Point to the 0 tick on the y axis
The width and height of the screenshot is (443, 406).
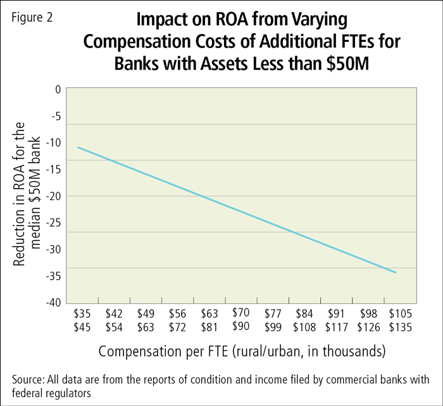(x=58, y=89)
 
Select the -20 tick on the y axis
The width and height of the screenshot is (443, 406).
(x=54, y=196)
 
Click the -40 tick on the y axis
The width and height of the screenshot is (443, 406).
(x=54, y=302)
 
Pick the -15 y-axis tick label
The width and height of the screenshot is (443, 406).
(x=54, y=170)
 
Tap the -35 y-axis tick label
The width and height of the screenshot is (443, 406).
(x=54, y=276)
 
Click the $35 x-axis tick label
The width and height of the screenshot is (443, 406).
(x=82, y=313)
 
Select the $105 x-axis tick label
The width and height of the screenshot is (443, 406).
(x=400, y=313)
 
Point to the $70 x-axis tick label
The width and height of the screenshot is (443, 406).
(x=241, y=312)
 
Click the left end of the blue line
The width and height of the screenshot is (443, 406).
(x=78, y=147)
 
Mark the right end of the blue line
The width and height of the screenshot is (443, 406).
(x=396, y=272)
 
